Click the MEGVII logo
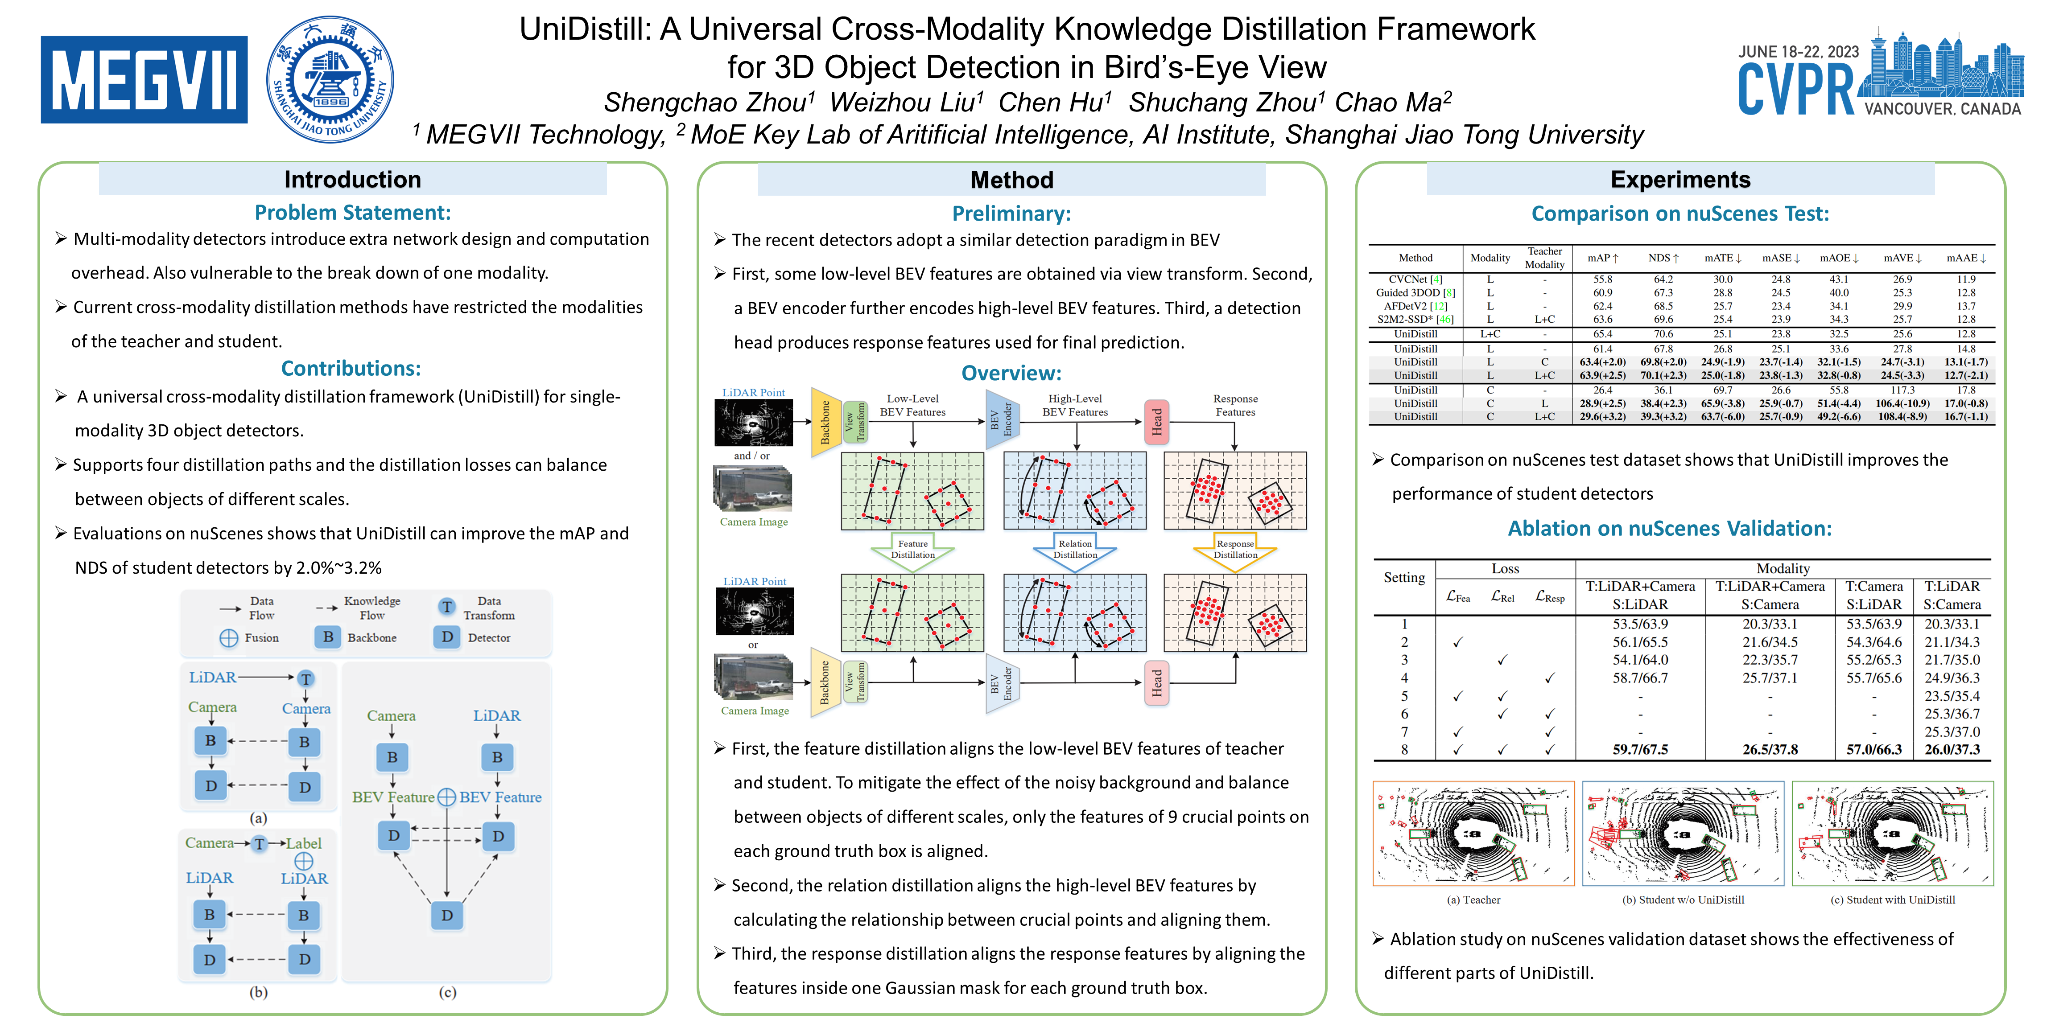(144, 80)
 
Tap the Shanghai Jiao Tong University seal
(330, 80)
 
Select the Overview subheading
(1011, 373)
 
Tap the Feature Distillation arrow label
(912, 549)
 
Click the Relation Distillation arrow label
(1075, 549)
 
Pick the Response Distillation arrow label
(1235, 549)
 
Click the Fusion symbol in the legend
(229, 638)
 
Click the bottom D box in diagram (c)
(447, 916)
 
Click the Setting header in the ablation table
(1404, 577)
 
